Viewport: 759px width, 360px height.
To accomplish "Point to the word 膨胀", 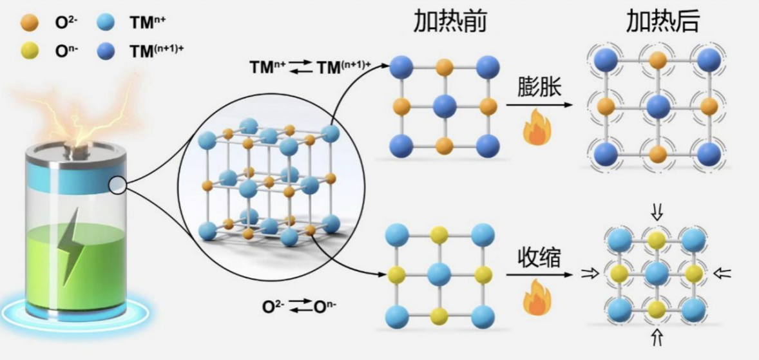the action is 537,88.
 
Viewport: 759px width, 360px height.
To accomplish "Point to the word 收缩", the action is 537,260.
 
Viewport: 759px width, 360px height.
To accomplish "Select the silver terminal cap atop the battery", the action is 75,148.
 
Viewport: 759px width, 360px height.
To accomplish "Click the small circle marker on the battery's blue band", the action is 118,185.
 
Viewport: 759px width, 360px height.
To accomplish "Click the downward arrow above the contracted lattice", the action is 657,212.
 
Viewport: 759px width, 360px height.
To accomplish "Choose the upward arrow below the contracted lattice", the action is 657,337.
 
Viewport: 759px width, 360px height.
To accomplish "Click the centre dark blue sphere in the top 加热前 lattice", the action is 445,106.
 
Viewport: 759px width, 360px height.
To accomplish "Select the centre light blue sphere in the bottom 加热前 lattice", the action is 439,274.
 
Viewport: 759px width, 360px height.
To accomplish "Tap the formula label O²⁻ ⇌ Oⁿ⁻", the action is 300,306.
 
